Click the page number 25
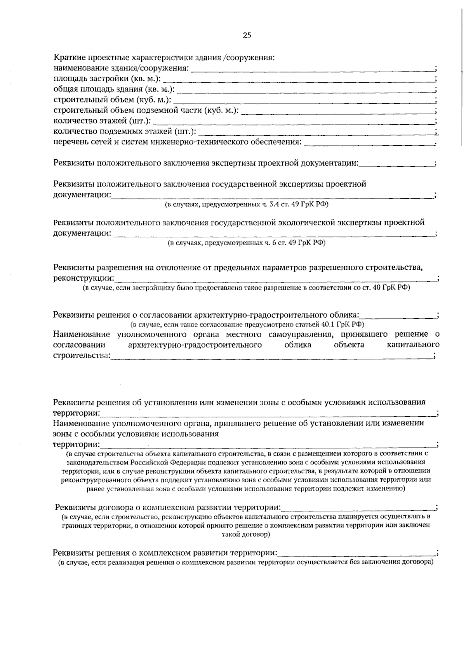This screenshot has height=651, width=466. pyautogui.click(x=247, y=35)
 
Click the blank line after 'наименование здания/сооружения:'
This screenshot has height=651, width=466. pyautogui.click(x=313, y=69)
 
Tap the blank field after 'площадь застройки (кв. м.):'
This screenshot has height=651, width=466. pyautogui.click(x=298, y=80)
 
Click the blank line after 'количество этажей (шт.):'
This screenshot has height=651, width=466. pyautogui.click(x=293, y=122)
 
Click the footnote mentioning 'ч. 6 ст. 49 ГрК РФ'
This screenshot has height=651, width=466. pyautogui.click(x=246, y=243)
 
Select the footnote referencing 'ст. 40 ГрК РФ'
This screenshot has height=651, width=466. pyautogui.click(x=246, y=288)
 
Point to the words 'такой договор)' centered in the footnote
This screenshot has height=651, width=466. pyautogui.click(x=246, y=534)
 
